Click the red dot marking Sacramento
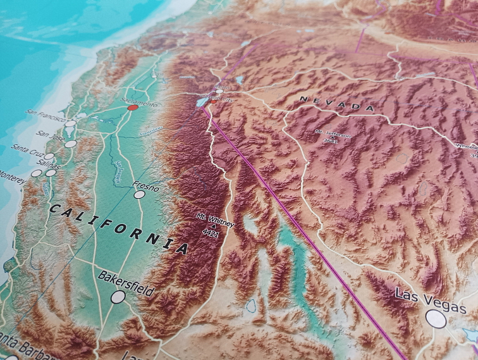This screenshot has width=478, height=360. tap(132, 108)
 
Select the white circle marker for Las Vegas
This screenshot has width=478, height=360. tap(436, 318)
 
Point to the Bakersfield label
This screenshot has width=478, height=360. tap(126, 283)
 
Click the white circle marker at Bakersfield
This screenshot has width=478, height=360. tap(118, 297)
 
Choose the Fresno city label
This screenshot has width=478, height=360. tap(146, 187)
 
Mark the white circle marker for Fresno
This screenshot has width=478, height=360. tap(139, 195)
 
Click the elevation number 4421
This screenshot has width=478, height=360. tap(210, 233)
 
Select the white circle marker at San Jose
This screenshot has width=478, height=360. tap(70, 144)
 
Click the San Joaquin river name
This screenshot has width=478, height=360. tap(119, 171)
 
